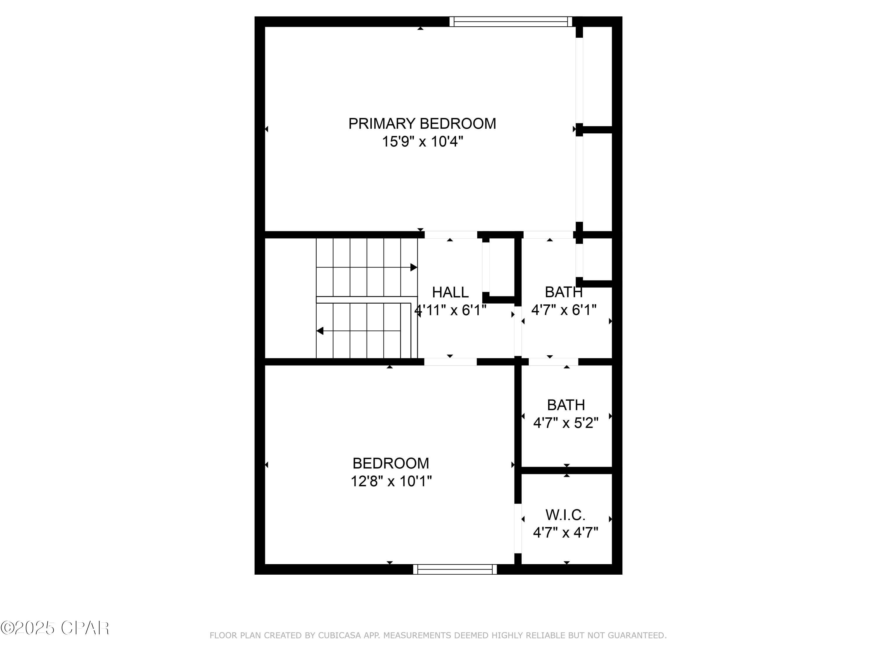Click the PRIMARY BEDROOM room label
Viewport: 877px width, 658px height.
tap(422, 124)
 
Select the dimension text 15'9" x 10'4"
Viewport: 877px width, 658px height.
tap(422, 142)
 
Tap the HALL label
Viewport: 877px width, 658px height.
tap(450, 292)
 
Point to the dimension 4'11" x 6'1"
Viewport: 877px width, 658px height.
tap(450, 310)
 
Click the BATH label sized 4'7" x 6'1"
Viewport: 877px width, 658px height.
tap(563, 292)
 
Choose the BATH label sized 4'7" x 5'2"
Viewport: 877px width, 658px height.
tap(566, 405)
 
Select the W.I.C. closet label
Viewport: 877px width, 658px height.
tap(565, 515)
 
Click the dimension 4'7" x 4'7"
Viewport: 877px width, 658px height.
tap(565, 532)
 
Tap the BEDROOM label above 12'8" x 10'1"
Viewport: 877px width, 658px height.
tap(391, 463)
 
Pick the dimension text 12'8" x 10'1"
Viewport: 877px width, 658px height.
tap(391, 481)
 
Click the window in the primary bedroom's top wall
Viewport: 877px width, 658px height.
tap(511, 21)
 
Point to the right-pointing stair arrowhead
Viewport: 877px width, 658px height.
tap(414, 267)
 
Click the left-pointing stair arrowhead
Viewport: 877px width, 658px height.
tap(320, 331)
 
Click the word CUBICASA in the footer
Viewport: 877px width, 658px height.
tap(339, 635)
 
